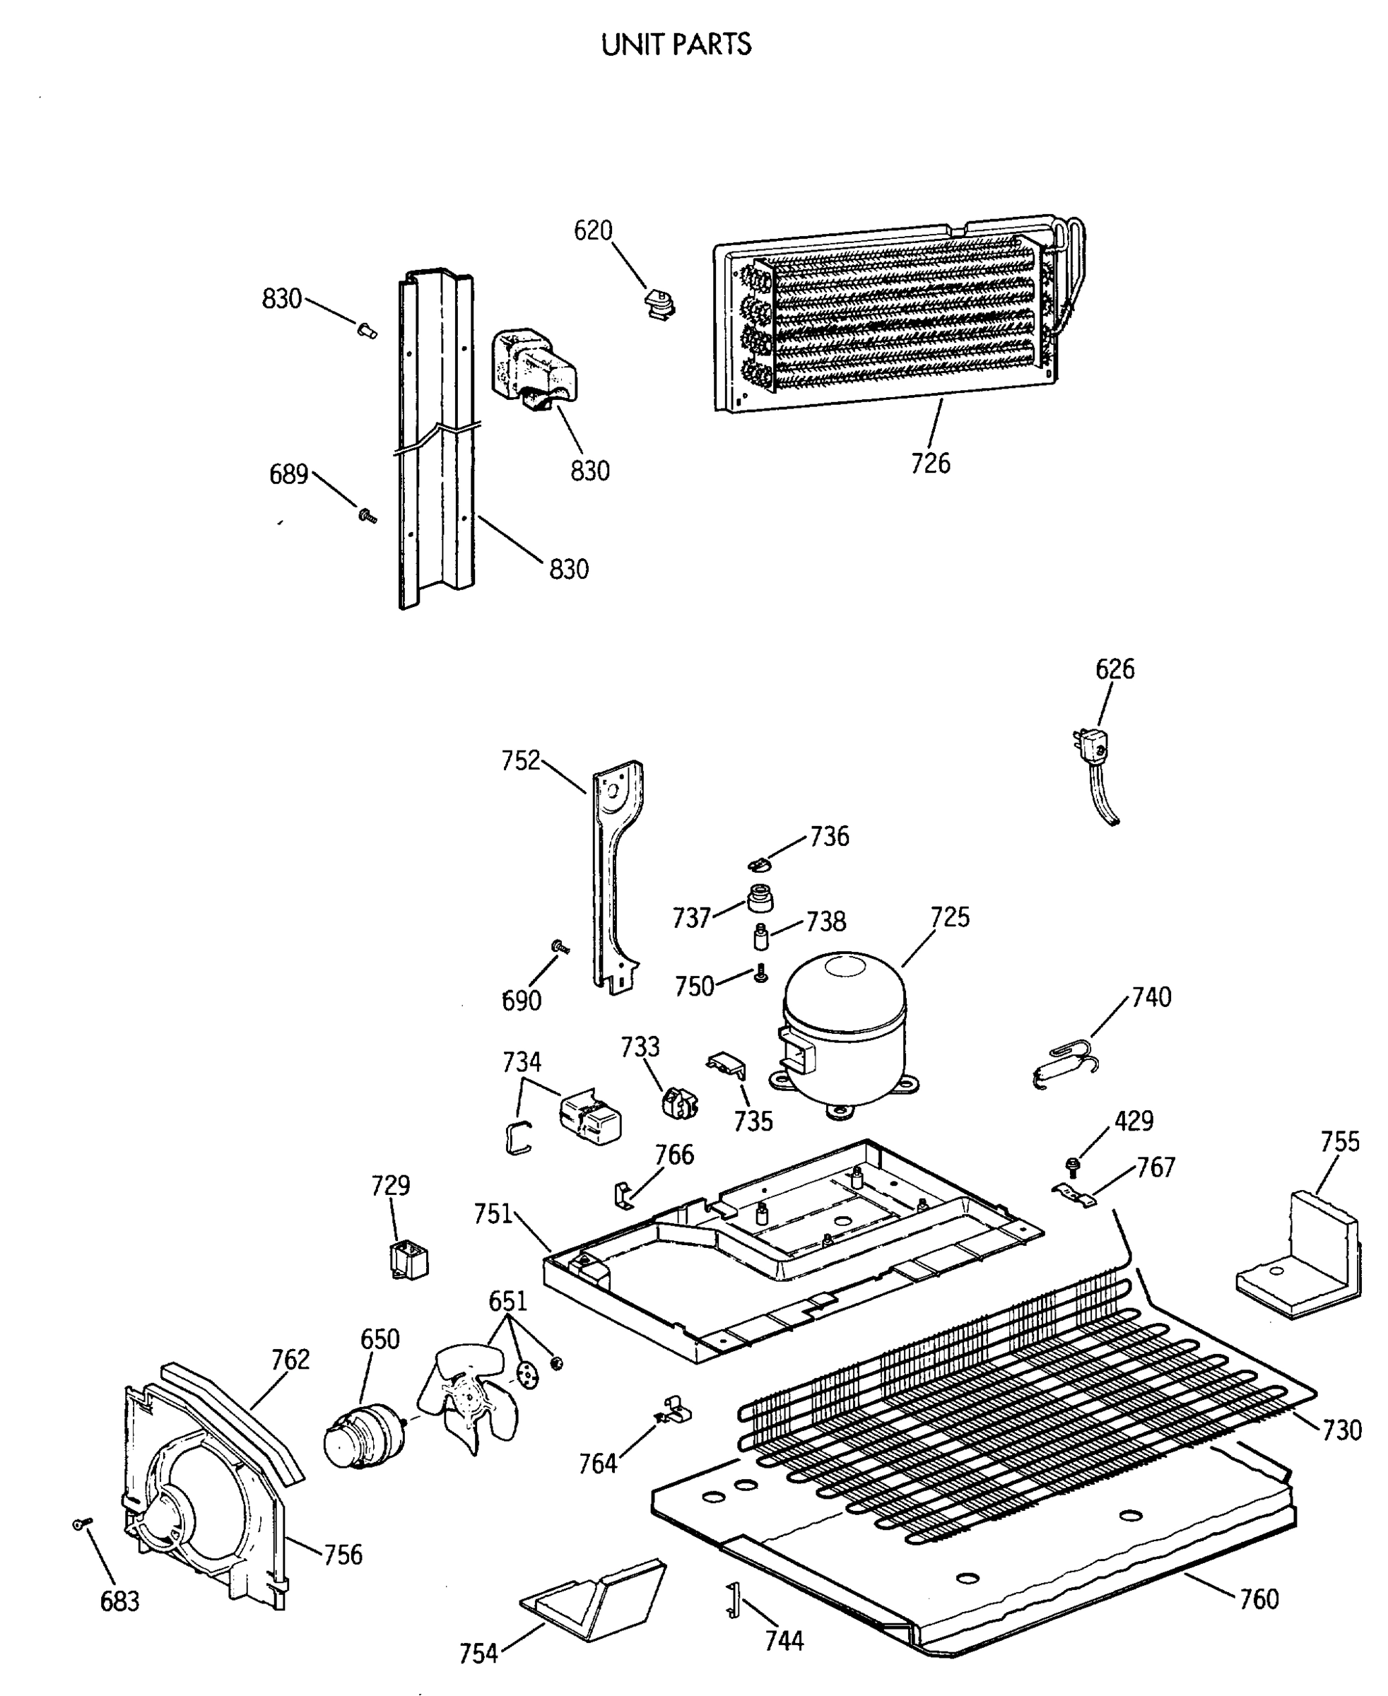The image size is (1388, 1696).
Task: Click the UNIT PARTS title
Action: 676,45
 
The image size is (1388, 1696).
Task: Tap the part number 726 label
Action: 931,463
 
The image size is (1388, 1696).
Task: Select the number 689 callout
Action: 288,475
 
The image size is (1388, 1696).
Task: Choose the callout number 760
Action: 1259,1598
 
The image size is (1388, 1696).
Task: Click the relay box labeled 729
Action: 408,1261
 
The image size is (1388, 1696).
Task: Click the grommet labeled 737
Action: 760,899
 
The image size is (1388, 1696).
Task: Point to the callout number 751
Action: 493,1215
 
